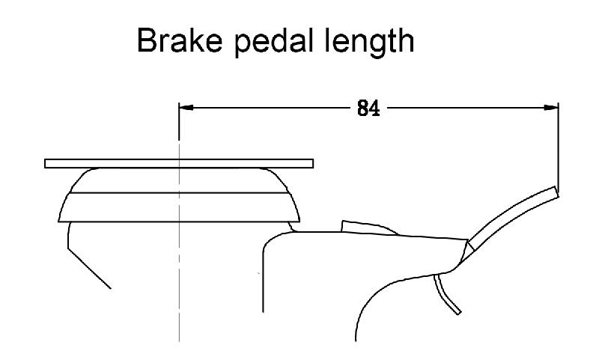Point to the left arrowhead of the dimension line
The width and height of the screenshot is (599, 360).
pyautogui.click(x=186, y=108)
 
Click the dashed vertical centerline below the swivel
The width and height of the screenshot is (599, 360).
pyautogui.click(x=179, y=299)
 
